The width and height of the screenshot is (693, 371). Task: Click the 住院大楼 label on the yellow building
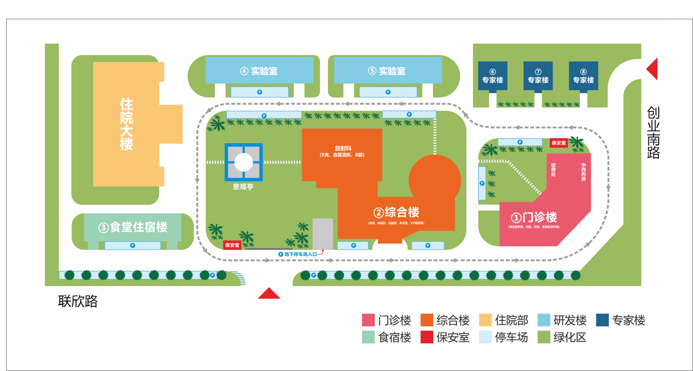pyautogui.click(x=127, y=124)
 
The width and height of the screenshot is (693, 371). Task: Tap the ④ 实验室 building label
pyautogui.click(x=259, y=71)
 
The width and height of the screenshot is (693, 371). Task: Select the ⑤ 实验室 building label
pyautogui.click(x=387, y=71)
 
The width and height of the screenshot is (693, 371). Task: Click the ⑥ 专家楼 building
pyautogui.click(x=492, y=76)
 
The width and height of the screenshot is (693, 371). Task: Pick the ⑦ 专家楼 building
pyautogui.click(x=538, y=76)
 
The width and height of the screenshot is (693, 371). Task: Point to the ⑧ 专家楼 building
pyautogui.click(x=583, y=76)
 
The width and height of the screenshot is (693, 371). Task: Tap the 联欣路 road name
pyautogui.click(x=78, y=301)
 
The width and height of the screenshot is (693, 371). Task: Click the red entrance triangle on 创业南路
pyautogui.click(x=652, y=69)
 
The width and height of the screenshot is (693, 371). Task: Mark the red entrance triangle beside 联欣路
pyautogui.click(x=269, y=294)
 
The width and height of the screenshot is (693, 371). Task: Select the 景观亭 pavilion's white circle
pyautogui.click(x=244, y=162)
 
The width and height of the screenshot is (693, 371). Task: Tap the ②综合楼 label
pyautogui.click(x=396, y=212)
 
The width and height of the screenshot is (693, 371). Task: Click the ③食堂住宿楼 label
pyautogui.click(x=133, y=227)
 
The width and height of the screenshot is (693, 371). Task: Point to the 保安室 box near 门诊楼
pyautogui.click(x=558, y=143)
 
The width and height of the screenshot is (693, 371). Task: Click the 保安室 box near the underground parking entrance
pyautogui.click(x=232, y=245)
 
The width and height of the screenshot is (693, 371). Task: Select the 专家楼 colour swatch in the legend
pyautogui.click(x=602, y=320)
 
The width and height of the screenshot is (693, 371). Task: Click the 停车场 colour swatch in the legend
pyautogui.click(x=485, y=337)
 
